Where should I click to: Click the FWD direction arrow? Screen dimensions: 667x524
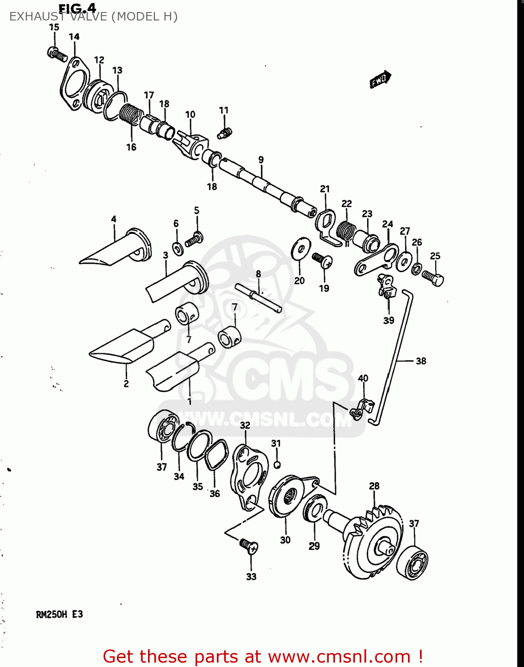(380, 80)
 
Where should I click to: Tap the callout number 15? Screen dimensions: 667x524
(54, 27)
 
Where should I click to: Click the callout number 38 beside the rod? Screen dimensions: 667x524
(421, 361)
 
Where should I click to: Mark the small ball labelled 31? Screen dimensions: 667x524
(276, 465)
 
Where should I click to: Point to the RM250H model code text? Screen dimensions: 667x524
(52, 615)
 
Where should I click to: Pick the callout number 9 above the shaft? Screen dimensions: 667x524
(261, 160)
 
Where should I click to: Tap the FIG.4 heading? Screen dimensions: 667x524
(77, 8)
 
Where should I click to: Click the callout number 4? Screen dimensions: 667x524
(114, 219)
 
